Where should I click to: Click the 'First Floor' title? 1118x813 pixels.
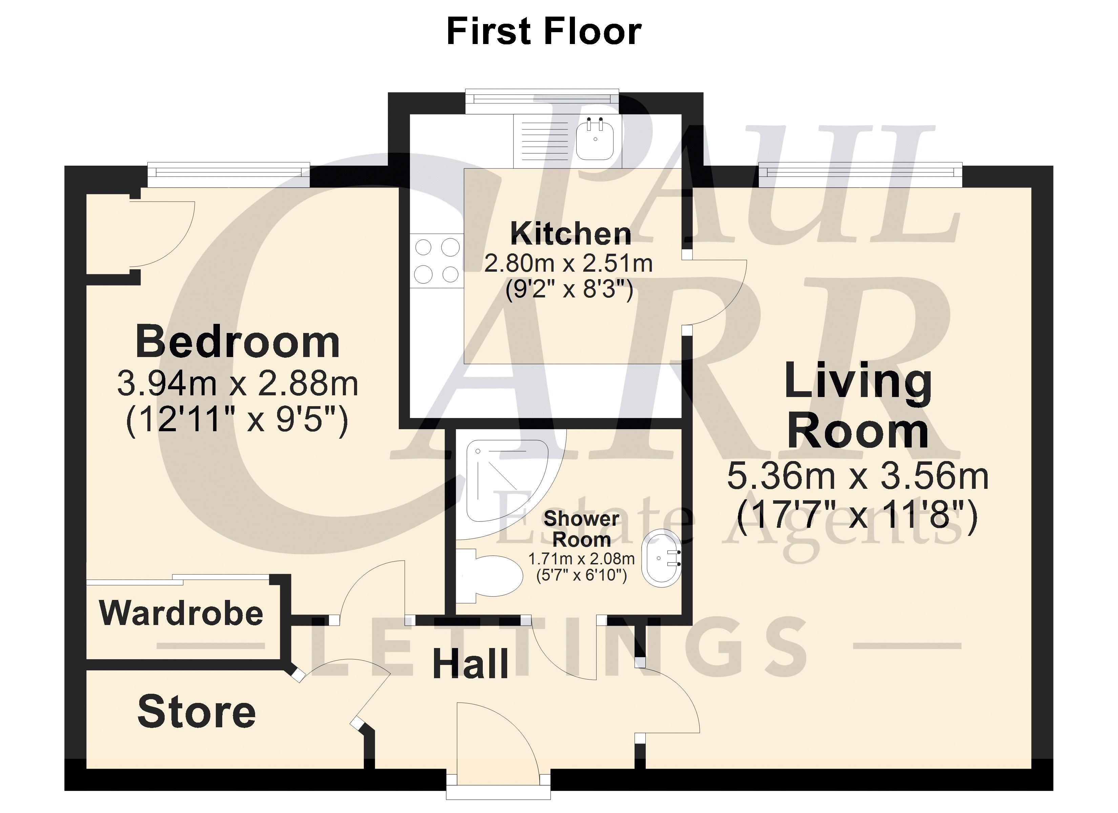pos(544,32)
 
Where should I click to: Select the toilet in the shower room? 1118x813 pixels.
pos(488,576)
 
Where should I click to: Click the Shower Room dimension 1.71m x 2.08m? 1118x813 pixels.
pos(581,559)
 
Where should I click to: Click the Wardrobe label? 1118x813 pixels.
pos(181,613)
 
